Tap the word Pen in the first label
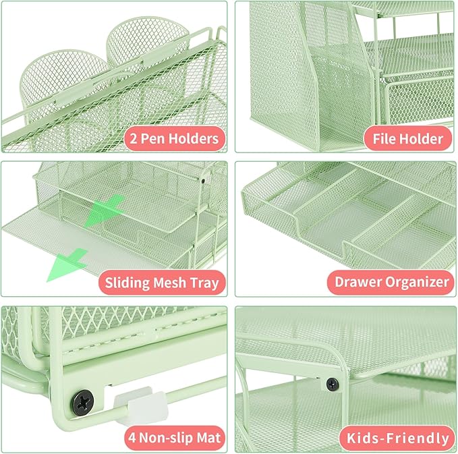[x=154, y=139]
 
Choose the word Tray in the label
[x=205, y=282]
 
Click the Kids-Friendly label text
[x=397, y=438]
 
